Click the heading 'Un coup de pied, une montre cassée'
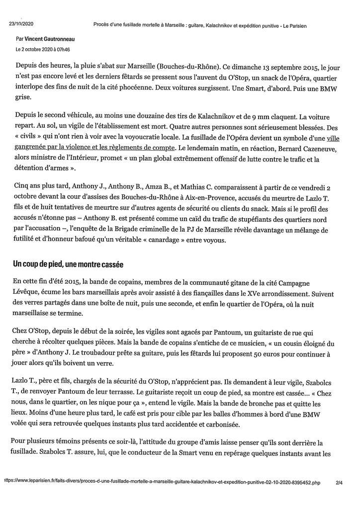68,264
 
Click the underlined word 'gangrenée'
33,148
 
